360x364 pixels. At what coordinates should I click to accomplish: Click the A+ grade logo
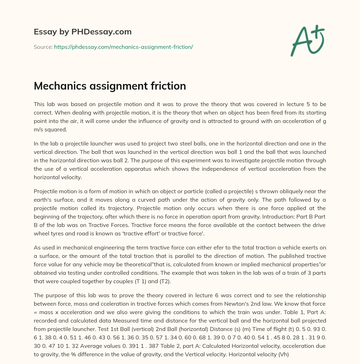click(307, 41)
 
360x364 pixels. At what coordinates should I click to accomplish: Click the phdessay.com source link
click(123, 47)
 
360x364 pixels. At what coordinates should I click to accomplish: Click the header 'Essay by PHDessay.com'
click(83, 32)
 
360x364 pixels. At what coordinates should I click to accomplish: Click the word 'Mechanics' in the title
click(58, 86)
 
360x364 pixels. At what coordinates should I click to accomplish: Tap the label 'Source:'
click(43, 47)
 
